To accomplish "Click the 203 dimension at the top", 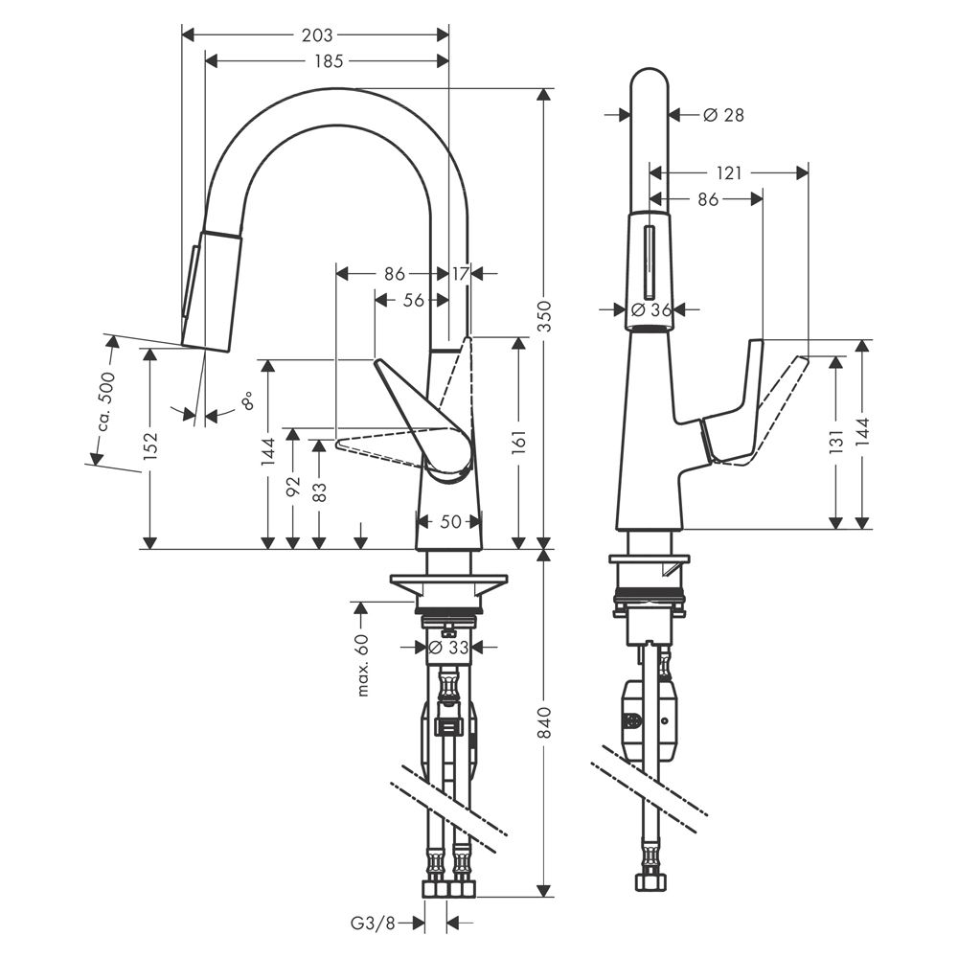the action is [x=317, y=35].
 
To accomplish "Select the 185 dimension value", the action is [x=329, y=61].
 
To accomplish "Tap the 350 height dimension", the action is [x=544, y=316].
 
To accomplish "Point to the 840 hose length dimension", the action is [x=544, y=722].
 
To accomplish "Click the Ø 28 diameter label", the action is [x=723, y=114].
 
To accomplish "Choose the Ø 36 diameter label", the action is [x=650, y=309].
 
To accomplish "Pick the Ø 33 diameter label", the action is [x=448, y=647].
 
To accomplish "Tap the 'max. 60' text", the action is [x=363, y=666].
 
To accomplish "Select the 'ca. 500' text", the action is [x=106, y=400].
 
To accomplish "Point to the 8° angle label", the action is [x=247, y=402].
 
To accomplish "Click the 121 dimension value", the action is [x=729, y=173].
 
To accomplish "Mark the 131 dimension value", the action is [x=835, y=441].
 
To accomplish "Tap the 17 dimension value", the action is [x=460, y=274].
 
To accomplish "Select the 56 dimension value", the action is [x=414, y=300].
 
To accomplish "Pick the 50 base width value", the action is [x=450, y=521].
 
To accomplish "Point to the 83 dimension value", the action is [x=319, y=492].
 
